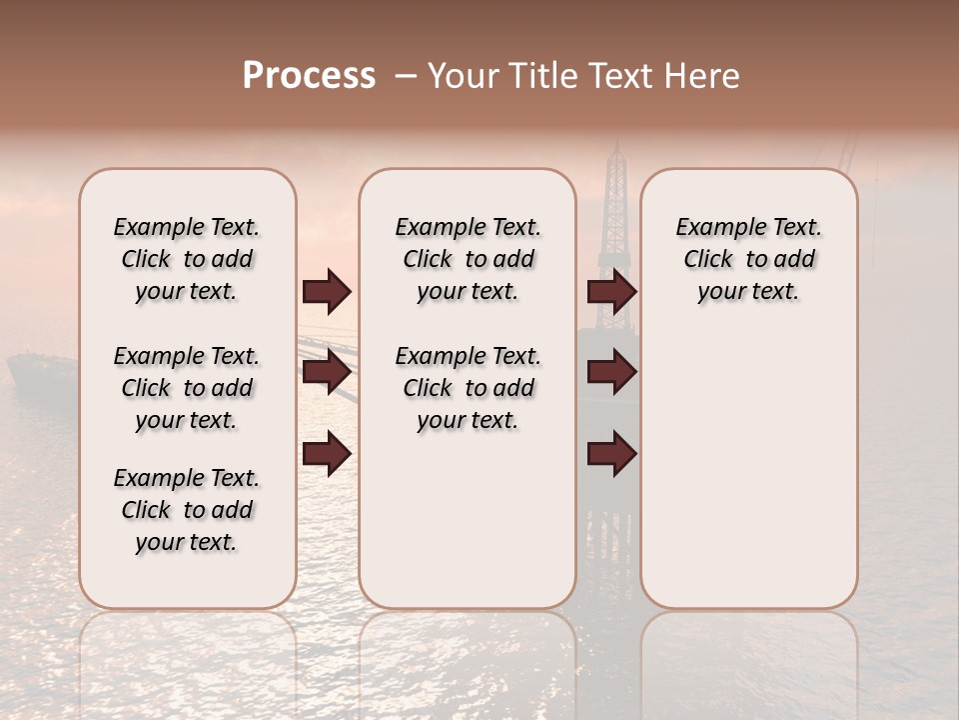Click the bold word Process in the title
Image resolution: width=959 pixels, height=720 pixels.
[x=309, y=76]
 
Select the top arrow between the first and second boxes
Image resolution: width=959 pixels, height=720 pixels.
[x=327, y=292]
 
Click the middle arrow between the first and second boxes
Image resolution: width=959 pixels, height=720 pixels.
[x=327, y=373]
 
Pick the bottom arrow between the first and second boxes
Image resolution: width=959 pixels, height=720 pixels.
[x=327, y=454]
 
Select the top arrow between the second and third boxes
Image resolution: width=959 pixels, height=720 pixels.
[x=611, y=292]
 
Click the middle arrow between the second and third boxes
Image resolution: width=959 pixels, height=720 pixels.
[x=611, y=373]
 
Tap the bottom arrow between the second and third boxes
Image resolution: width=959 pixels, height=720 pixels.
[x=611, y=454]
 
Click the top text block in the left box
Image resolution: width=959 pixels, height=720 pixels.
[x=187, y=259]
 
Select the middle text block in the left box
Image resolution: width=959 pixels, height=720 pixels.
[x=187, y=388]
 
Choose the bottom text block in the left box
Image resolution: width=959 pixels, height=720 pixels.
[x=187, y=510]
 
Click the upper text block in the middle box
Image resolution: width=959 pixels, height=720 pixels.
[x=468, y=259]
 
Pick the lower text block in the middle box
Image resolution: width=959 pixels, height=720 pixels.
[x=468, y=388]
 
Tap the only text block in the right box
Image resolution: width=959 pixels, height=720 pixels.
[x=748, y=259]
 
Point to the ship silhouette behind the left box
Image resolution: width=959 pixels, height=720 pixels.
[x=40, y=375]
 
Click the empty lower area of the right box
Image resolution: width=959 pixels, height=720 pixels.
[x=748, y=470]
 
